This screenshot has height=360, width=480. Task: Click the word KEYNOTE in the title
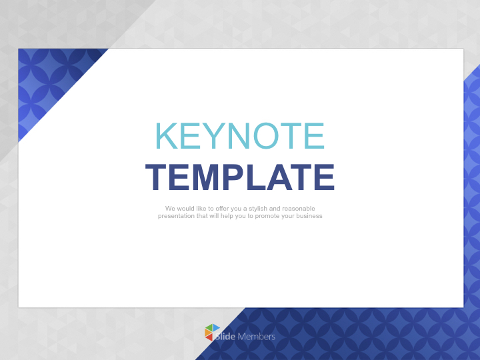click(x=240, y=136)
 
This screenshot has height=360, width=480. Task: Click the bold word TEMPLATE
click(x=240, y=178)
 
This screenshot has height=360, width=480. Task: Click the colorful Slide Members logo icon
click(x=212, y=332)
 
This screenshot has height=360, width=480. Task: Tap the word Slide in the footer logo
click(x=225, y=337)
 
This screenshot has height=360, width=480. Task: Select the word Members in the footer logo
click(x=256, y=337)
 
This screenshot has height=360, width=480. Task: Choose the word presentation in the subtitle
click(x=176, y=216)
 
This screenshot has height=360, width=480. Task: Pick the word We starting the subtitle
click(x=170, y=209)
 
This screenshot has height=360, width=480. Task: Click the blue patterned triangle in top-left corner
click(x=47, y=77)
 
